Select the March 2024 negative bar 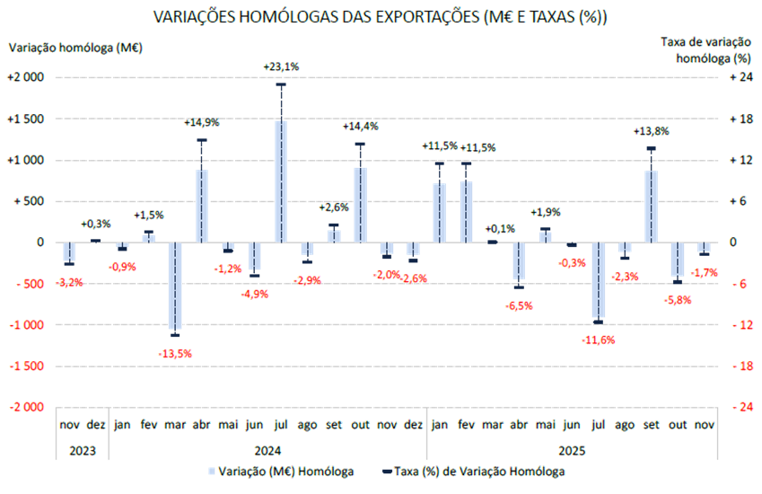tap(176, 286)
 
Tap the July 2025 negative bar tap(598, 280)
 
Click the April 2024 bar tap(202, 206)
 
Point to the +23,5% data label tap(281, 66)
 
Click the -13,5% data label tap(176, 354)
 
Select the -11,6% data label tap(598, 340)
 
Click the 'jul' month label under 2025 tap(598, 424)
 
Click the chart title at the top tap(381, 17)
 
